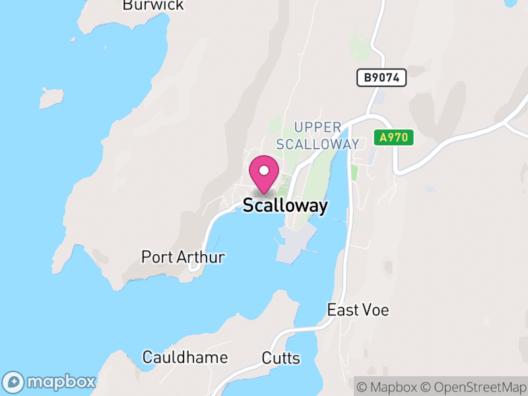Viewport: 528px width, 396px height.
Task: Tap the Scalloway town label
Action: pyautogui.click(x=285, y=206)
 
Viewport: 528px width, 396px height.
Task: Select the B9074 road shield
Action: pyautogui.click(x=381, y=78)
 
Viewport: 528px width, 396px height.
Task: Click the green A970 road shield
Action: pyautogui.click(x=394, y=138)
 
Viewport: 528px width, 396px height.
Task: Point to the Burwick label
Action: pyautogui.click(x=153, y=5)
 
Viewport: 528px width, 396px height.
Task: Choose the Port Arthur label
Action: pyautogui.click(x=183, y=257)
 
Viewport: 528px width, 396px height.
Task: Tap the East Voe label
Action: pyautogui.click(x=358, y=310)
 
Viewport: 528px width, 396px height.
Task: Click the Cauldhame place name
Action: pyautogui.click(x=185, y=358)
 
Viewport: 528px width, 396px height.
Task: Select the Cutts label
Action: pyautogui.click(x=280, y=359)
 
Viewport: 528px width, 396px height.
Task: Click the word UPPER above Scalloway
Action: pyautogui.click(x=318, y=127)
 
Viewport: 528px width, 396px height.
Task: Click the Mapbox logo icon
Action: pyautogui.click(x=14, y=382)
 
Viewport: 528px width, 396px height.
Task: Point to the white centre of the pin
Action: pyautogui.click(x=264, y=170)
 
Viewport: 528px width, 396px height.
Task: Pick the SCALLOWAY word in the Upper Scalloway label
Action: pyautogui.click(x=318, y=144)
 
